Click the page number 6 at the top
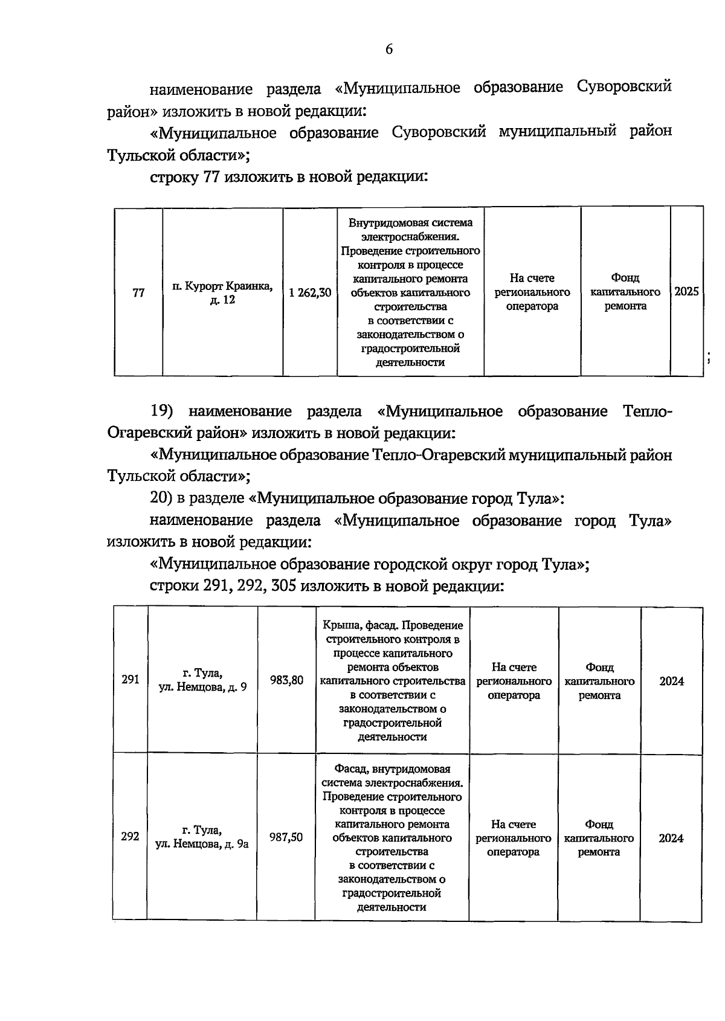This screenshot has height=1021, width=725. (x=389, y=50)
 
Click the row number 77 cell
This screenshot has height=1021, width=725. (x=138, y=293)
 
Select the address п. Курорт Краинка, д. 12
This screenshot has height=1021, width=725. (x=222, y=293)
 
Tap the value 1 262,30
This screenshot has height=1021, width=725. (x=310, y=293)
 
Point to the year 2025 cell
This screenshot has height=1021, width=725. (x=686, y=292)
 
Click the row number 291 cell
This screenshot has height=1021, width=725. (x=130, y=680)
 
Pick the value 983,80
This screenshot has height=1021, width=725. (x=287, y=680)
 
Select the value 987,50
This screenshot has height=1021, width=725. (x=286, y=837)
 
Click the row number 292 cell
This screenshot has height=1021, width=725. (x=130, y=837)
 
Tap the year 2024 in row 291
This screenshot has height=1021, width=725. (x=671, y=681)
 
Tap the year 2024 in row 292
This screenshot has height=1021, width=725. (x=671, y=839)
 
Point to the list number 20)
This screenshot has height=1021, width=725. (x=162, y=499)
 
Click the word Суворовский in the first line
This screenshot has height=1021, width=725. (x=624, y=88)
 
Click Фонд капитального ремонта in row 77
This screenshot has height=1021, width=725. (x=625, y=292)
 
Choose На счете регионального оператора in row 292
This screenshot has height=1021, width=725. (x=514, y=838)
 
